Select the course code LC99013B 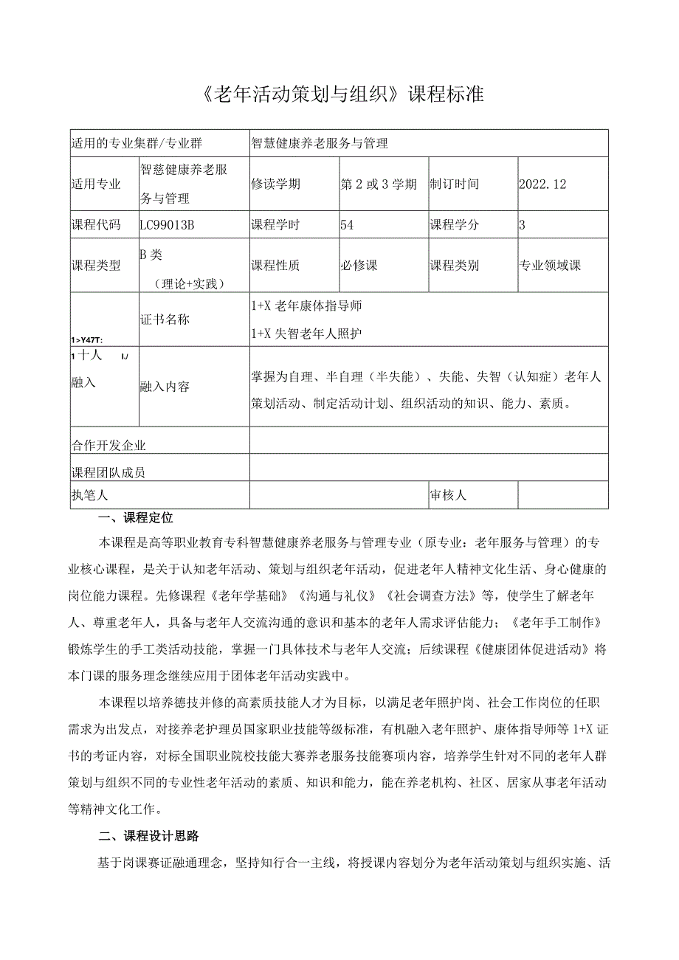tap(167, 225)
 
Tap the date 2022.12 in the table tap(542, 184)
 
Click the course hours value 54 tap(347, 225)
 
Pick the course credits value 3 tap(523, 225)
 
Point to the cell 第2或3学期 tap(379, 184)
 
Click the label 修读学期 tap(275, 184)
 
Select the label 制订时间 tap(454, 184)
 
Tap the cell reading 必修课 tap(359, 265)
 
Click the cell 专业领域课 tap(550, 265)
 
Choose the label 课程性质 tap(275, 265)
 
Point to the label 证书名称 tap(165, 319)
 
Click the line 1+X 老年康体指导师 tap(306, 305)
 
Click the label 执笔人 tap(89, 495)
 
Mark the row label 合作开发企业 tap(108, 445)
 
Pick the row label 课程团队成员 tap(108, 472)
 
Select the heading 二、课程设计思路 tap(149, 836)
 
